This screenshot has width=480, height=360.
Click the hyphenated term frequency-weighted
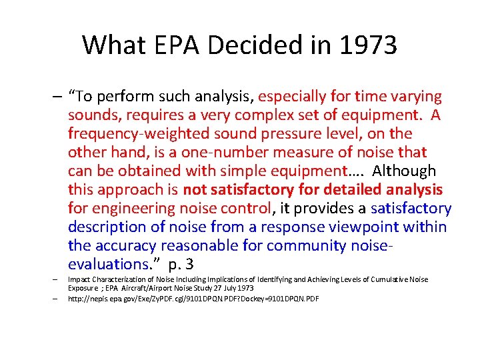tap(136, 134)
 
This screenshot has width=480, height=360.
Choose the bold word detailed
tap(353, 190)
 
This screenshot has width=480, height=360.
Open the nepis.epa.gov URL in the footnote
tap(193, 299)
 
